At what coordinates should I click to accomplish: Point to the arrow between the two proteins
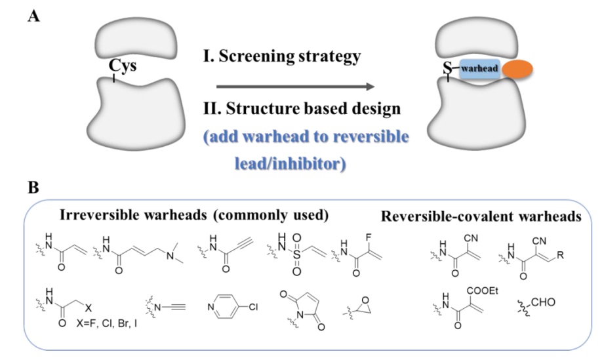[295, 87]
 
